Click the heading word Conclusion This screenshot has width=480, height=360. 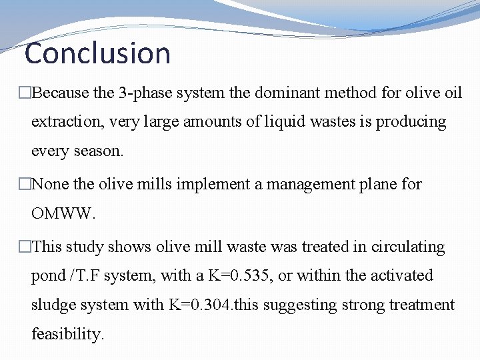tap(97, 53)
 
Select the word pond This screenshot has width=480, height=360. tap(47, 276)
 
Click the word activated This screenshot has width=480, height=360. tap(398, 276)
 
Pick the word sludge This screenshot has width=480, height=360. tap(52, 305)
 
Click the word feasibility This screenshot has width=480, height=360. tap(68, 334)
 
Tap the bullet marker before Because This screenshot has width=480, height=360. tap(25, 93)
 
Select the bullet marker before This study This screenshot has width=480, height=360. tap(25, 247)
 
